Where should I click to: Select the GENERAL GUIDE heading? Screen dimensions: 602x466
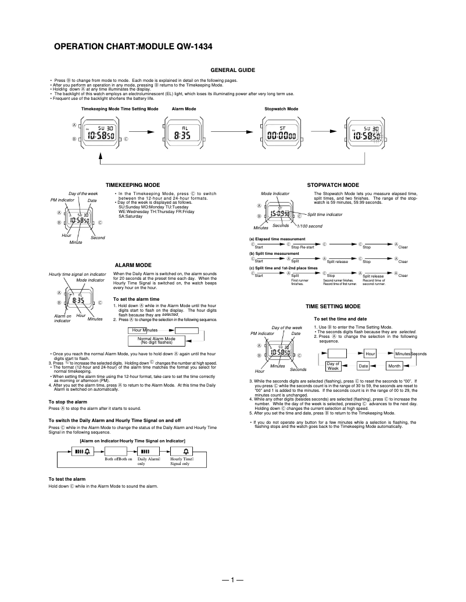232,70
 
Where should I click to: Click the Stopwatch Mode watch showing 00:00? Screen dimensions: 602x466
280,134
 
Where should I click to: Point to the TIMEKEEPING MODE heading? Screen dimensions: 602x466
137,185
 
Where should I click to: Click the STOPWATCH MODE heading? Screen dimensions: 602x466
332,185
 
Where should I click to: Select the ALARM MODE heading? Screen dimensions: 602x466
133,265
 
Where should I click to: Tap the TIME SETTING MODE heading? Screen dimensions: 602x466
333,306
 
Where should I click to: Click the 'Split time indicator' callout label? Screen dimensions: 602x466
325,214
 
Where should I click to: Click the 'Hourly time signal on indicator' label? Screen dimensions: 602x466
77,274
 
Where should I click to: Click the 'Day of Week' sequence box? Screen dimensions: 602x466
333,366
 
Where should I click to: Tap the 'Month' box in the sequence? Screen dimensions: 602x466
395,366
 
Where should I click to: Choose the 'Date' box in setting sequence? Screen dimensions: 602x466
363,366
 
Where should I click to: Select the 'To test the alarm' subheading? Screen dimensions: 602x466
67,478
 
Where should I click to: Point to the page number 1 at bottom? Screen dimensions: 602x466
232,580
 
